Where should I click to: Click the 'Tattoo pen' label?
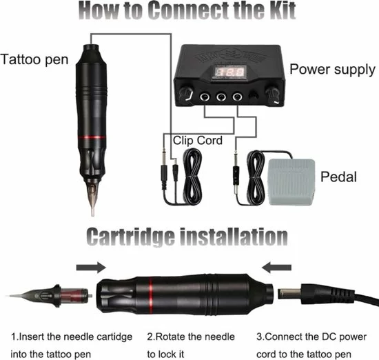[x=34, y=59]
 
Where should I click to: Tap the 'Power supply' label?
[x=332, y=70]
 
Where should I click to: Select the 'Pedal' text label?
[x=338, y=177]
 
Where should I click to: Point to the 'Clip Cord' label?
[x=198, y=140]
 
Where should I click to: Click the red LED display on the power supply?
[x=229, y=72]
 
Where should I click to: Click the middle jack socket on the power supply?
[x=221, y=97]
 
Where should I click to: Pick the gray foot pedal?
[x=292, y=182]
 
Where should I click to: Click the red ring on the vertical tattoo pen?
[x=92, y=137]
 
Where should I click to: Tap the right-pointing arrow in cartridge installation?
[x=91, y=268]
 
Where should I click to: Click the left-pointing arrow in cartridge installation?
[x=276, y=268]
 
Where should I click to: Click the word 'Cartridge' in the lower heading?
[x=130, y=237]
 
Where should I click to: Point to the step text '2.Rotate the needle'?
[x=191, y=337]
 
